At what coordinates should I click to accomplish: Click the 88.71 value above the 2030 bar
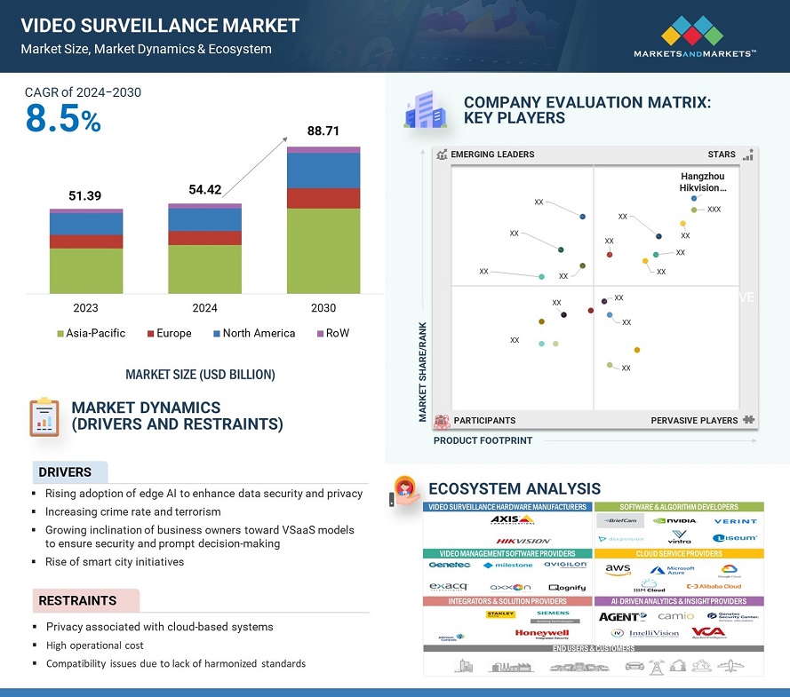coord(323,131)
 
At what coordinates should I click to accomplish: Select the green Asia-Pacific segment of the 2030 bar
coord(323,250)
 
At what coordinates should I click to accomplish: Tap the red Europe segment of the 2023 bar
coord(86,242)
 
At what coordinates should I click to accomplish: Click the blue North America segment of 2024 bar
coord(204,219)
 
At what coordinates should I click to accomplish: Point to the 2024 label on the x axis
coord(204,308)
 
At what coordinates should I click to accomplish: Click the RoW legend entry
coord(332,333)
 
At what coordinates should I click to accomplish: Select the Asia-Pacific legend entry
coord(92,333)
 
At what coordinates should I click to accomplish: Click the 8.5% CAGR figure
coord(63,119)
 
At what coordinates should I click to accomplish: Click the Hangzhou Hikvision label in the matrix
coord(703,182)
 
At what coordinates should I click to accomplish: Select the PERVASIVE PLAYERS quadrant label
coord(694,420)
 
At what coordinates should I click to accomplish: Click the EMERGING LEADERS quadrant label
coord(492,154)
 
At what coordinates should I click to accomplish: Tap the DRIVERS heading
coord(65,472)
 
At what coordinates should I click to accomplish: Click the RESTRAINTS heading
coord(77,601)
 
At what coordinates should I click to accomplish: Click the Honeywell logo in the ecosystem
coord(541,634)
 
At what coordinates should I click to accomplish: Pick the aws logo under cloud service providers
coord(618,569)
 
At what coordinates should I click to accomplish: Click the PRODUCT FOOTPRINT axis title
coord(483,440)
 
